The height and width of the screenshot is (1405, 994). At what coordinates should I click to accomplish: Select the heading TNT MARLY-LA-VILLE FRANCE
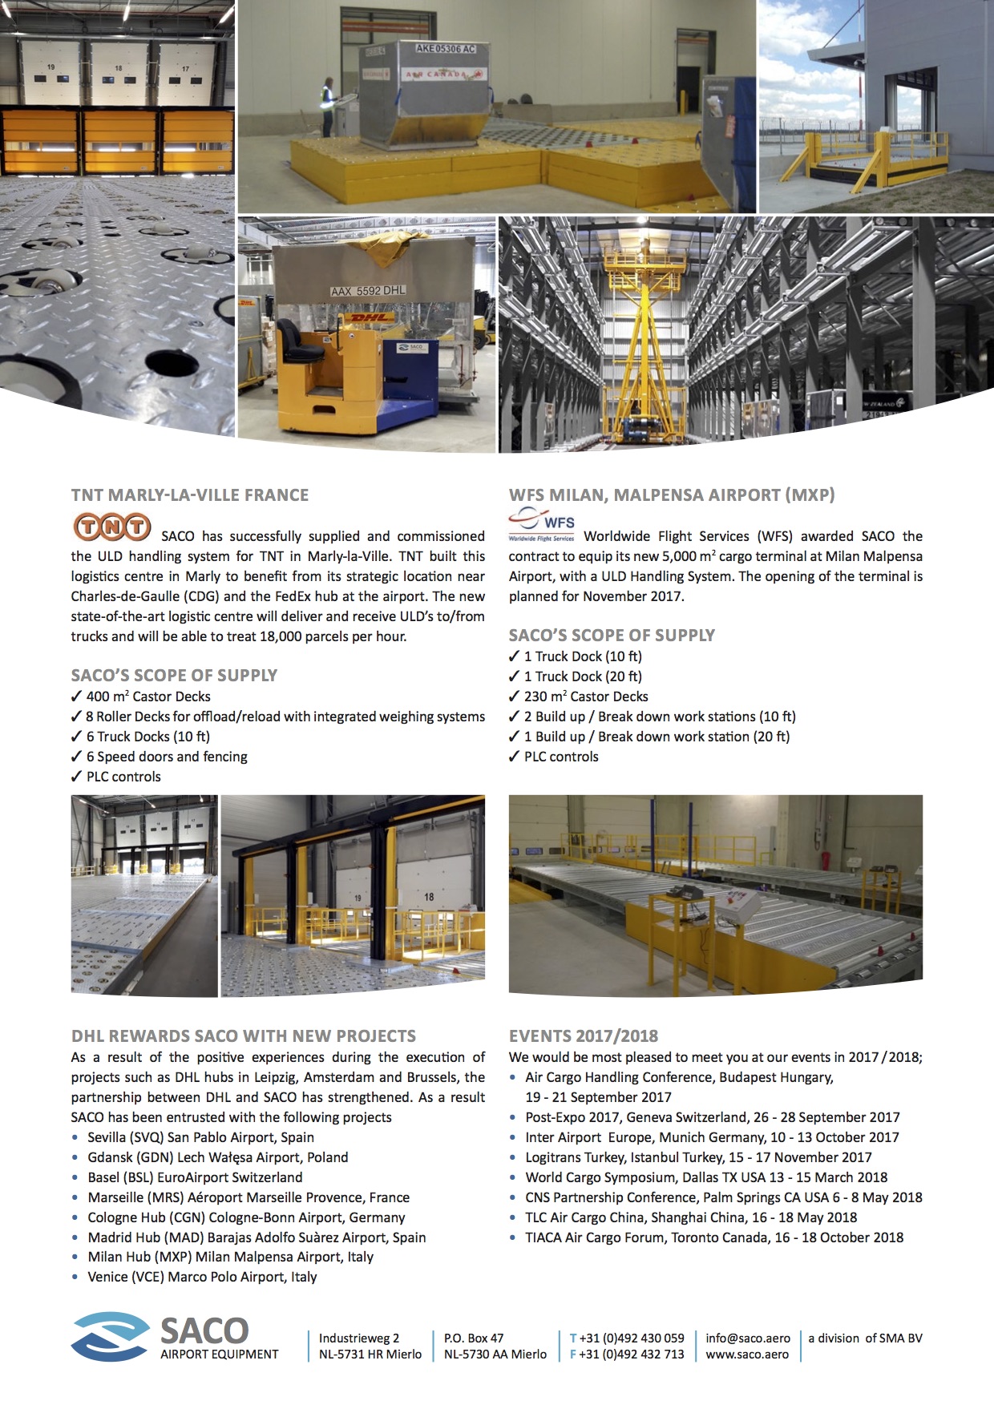pyautogui.click(x=190, y=495)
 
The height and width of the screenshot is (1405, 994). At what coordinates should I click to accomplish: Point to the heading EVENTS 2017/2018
pyautogui.click(x=583, y=1036)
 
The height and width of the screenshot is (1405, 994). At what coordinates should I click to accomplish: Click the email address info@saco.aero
pyautogui.click(x=747, y=1338)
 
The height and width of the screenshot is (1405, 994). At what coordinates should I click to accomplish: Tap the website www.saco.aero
pyautogui.click(x=747, y=1355)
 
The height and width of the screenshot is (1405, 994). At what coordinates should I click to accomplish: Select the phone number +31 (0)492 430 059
pyautogui.click(x=632, y=1338)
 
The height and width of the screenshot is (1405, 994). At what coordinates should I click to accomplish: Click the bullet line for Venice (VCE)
pyautogui.click(x=202, y=1277)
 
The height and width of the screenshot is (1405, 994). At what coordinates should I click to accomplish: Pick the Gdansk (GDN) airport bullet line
pyautogui.click(x=217, y=1157)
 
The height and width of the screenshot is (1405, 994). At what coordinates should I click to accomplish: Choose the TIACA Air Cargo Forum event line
pyautogui.click(x=713, y=1237)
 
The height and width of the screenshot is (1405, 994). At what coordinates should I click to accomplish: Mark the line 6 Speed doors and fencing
pyautogui.click(x=166, y=757)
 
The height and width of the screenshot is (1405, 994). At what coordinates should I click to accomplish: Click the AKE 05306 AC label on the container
pyautogui.click(x=445, y=49)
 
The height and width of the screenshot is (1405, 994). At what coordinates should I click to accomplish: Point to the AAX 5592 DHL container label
pyautogui.click(x=368, y=291)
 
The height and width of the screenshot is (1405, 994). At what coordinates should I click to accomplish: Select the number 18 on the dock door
pyautogui.click(x=429, y=897)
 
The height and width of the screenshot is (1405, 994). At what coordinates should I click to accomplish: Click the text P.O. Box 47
pyautogui.click(x=474, y=1338)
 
